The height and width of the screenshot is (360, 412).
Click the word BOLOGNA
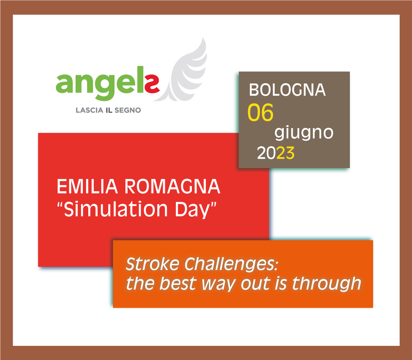[x=287, y=90]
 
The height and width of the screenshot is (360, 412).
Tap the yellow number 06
[x=260, y=112]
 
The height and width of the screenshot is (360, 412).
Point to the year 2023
[x=276, y=153]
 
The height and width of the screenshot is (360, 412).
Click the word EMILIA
[x=87, y=187]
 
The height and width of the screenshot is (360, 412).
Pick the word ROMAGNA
[x=172, y=187]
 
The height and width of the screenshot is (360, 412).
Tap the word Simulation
[x=116, y=209]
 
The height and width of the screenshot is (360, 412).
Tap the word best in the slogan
[x=178, y=284]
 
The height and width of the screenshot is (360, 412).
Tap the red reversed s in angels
[x=152, y=84]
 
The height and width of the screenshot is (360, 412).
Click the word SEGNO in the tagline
[x=128, y=110]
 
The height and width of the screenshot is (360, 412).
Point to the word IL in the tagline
[x=109, y=110]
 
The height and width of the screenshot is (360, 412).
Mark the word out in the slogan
[x=255, y=284]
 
